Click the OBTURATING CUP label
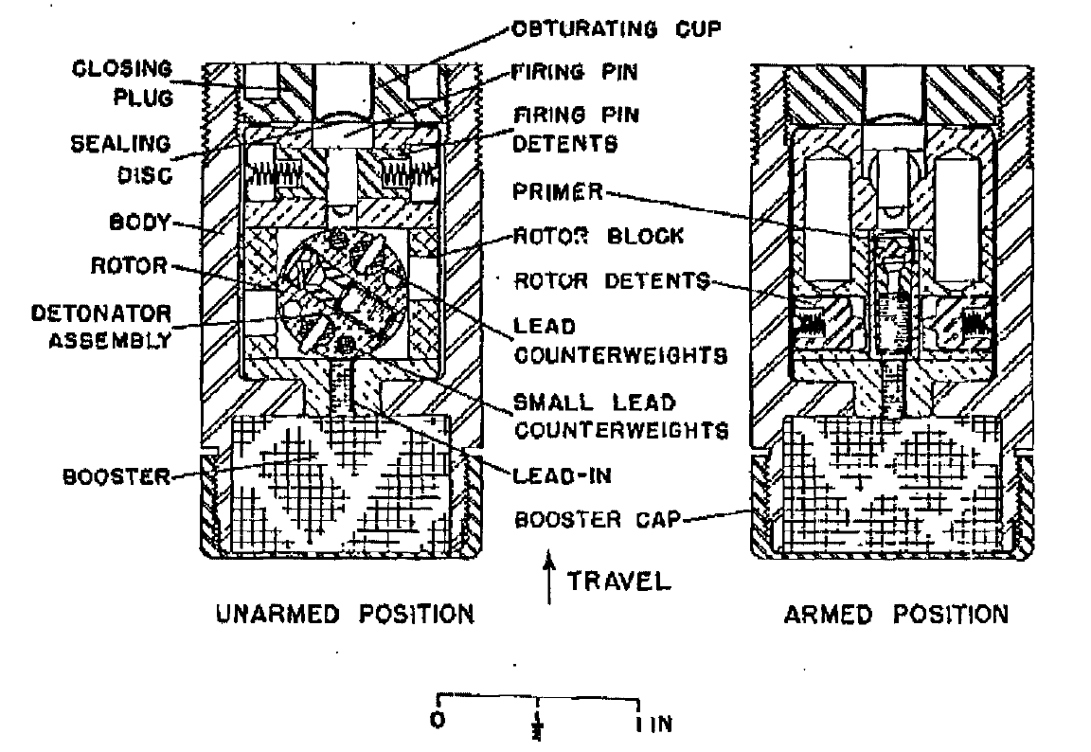click(x=617, y=29)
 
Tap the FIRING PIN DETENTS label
click(x=576, y=130)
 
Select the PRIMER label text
click(x=557, y=191)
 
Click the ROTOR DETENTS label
click(x=612, y=281)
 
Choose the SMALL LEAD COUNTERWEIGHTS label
click(x=620, y=416)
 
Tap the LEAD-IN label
click(x=563, y=475)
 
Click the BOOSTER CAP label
click(x=597, y=520)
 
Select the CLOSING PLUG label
click(x=122, y=83)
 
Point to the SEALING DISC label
click(x=121, y=159)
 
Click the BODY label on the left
click(x=140, y=223)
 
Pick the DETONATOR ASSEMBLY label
click(x=101, y=327)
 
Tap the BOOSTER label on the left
click(x=116, y=476)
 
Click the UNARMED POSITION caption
click(x=346, y=615)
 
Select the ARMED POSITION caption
click(x=896, y=615)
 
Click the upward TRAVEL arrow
click(x=549, y=578)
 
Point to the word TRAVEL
click(x=618, y=581)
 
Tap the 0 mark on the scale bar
click(x=438, y=719)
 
